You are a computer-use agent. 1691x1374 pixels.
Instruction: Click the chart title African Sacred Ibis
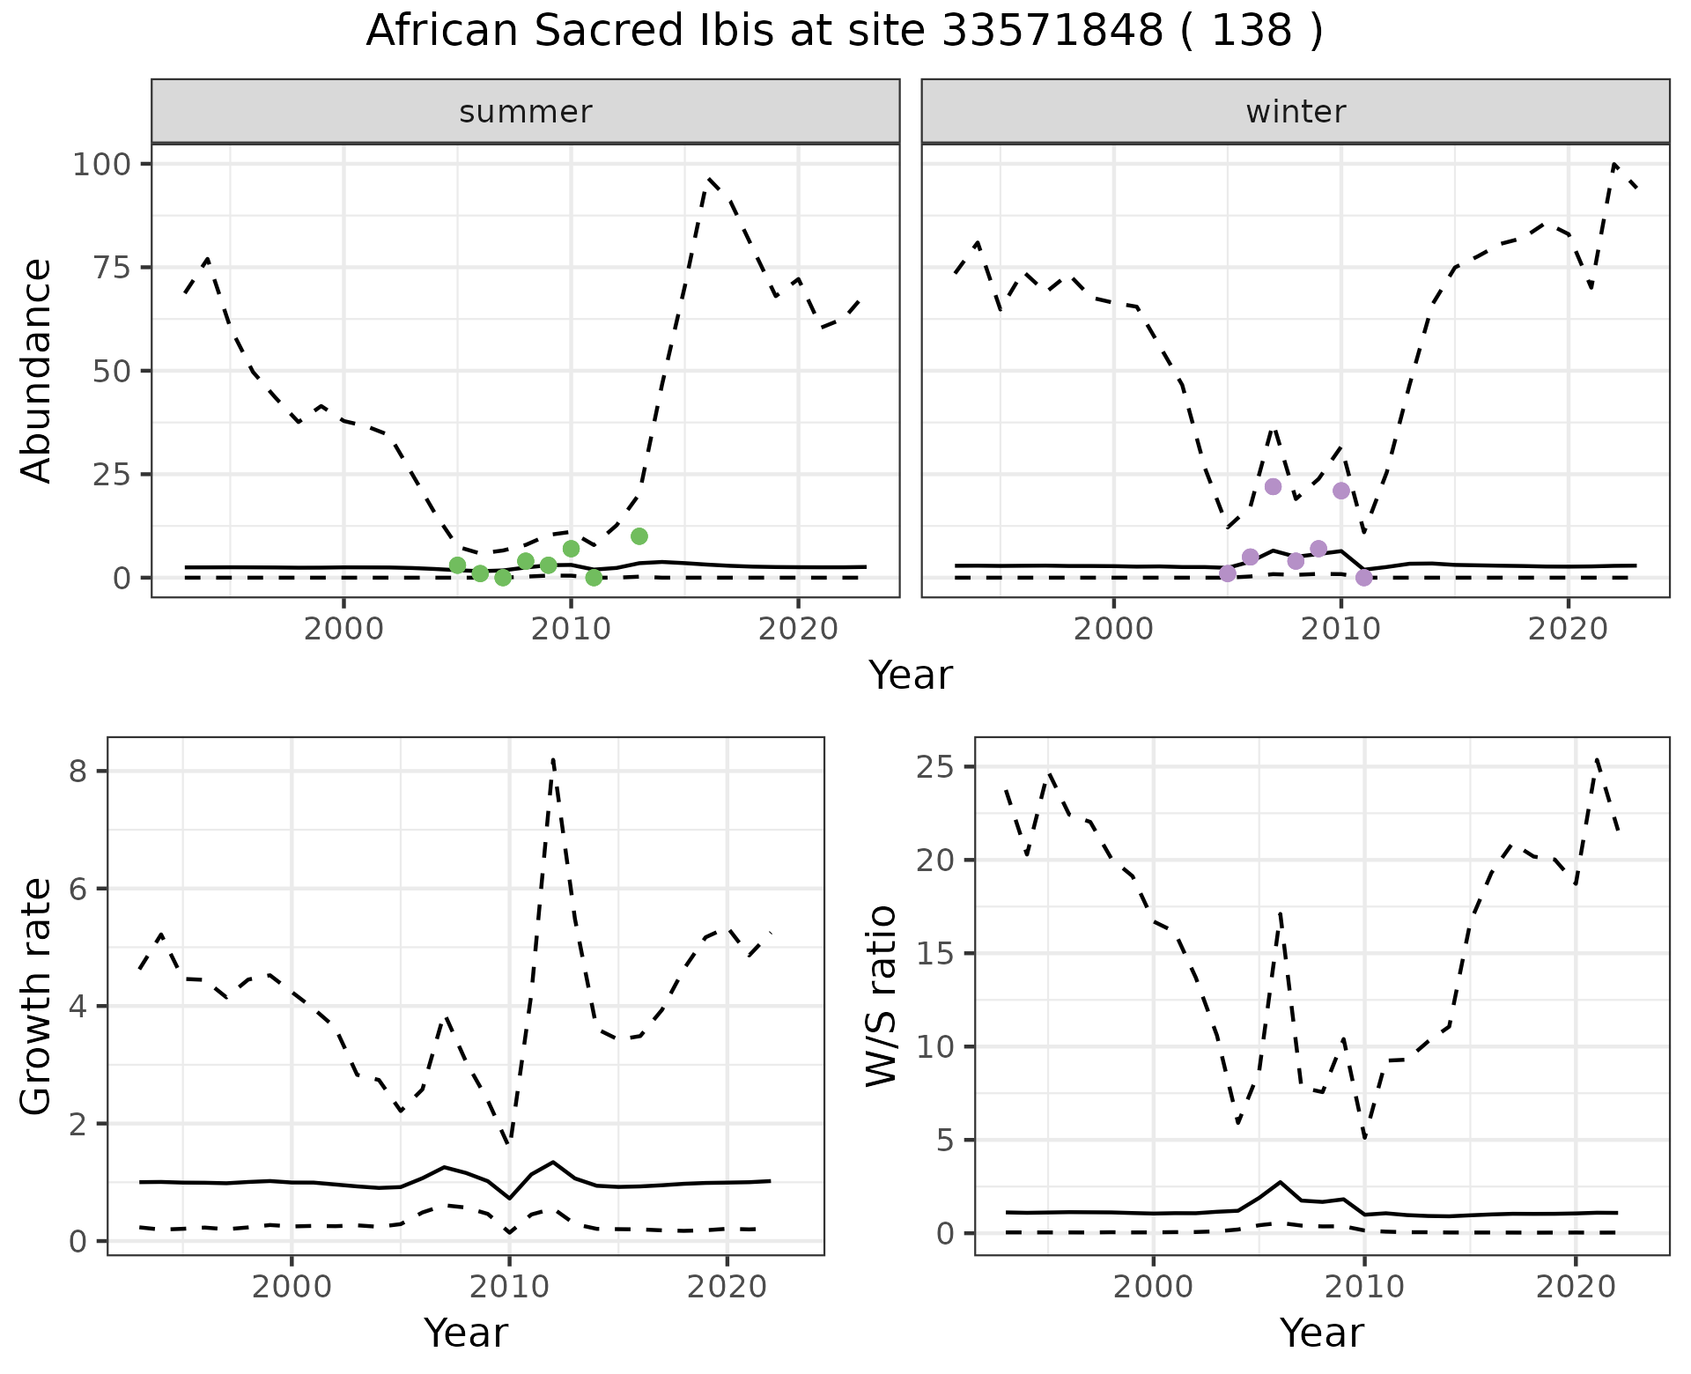(844, 32)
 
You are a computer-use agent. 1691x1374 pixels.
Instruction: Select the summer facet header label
(526, 112)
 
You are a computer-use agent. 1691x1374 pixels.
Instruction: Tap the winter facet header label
(1296, 112)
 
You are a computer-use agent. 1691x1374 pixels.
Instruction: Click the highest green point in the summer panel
(639, 536)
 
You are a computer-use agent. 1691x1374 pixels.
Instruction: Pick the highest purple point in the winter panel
(1273, 487)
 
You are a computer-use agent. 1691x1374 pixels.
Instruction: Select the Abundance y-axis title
(37, 370)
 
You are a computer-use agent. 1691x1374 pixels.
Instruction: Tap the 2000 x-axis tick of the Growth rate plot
(292, 1287)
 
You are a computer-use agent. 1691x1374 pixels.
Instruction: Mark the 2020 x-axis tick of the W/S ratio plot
(1575, 1287)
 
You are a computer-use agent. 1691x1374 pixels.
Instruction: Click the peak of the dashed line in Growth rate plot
(552, 758)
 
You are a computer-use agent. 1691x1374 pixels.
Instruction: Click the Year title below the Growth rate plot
(466, 1333)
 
